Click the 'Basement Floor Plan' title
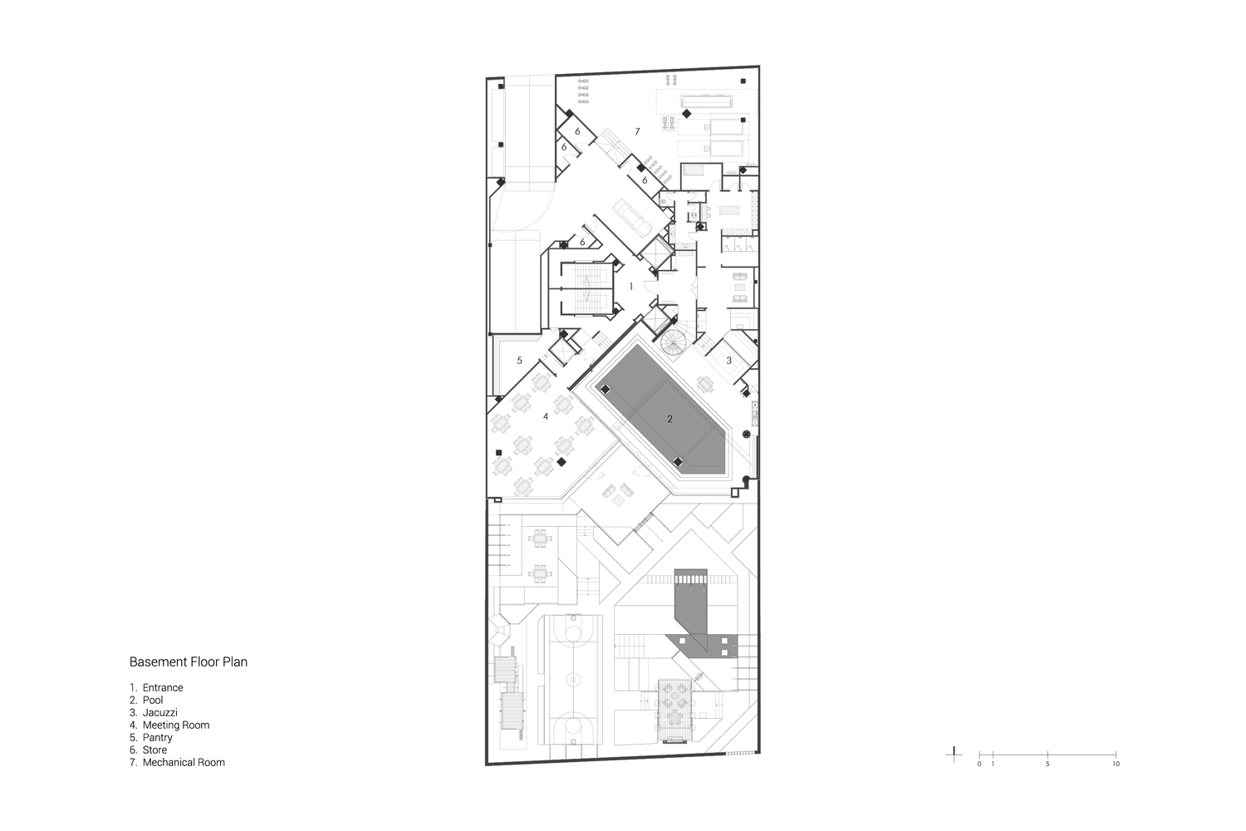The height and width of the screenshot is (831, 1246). coord(188,661)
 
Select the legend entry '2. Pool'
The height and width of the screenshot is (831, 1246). coord(146,701)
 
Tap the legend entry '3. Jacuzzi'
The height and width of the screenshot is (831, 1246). coord(154,712)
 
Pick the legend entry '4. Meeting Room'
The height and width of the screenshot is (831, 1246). coord(169,725)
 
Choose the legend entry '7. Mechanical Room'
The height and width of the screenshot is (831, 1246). coord(178,763)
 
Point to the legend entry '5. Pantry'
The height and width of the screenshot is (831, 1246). coord(151,737)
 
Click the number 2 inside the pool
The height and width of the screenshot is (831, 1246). coord(670,419)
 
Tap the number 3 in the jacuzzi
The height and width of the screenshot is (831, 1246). coord(728,361)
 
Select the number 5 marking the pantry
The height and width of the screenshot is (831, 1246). coord(519,361)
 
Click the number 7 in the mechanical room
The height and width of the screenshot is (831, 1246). coord(637,131)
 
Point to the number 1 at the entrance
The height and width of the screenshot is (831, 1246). coord(630,287)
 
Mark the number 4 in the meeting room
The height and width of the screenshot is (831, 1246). coord(546,416)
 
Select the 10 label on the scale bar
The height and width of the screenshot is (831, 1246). coord(1116,764)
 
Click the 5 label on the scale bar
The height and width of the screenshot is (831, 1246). coord(1047,764)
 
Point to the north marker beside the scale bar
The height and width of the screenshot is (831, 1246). coord(954,755)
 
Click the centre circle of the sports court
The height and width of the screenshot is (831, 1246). coord(573,679)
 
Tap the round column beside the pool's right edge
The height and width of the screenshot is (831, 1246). coord(747,434)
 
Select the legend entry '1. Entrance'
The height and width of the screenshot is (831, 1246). coord(156,687)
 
